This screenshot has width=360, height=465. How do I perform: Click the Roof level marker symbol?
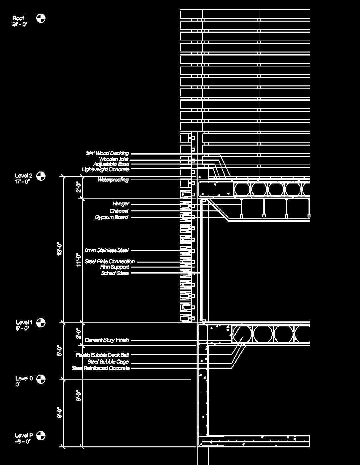(x=41, y=18)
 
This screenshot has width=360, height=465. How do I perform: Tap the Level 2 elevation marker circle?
(x=41, y=176)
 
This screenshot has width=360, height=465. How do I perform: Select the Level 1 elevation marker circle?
(x=41, y=322)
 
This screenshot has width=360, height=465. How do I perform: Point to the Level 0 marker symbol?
(x=41, y=379)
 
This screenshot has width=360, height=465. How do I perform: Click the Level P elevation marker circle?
(x=41, y=435)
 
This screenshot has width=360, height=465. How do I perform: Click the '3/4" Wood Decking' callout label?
(x=107, y=153)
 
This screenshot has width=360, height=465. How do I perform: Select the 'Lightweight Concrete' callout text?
(x=105, y=170)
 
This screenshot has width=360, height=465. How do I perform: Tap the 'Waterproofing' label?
(x=113, y=180)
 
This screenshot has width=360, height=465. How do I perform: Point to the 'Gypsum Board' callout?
(x=111, y=217)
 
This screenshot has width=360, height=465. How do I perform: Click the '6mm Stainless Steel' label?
(x=106, y=250)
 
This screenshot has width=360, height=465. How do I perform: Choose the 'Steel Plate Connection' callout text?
(x=110, y=262)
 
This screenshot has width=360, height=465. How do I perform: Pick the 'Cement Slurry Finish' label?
(x=106, y=340)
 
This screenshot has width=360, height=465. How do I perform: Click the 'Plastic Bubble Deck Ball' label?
(x=102, y=355)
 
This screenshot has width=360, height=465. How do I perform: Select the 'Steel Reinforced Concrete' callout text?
(x=101, y=368)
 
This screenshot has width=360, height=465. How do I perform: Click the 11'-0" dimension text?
(x=79, y=260)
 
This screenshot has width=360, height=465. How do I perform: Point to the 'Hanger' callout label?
(x=121, y=204)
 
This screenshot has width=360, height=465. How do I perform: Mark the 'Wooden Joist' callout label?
(x=114, y=159)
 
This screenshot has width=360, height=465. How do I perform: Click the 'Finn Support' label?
(x=115, y=267)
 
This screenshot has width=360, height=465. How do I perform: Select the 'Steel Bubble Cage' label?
(x=108, y=362)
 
